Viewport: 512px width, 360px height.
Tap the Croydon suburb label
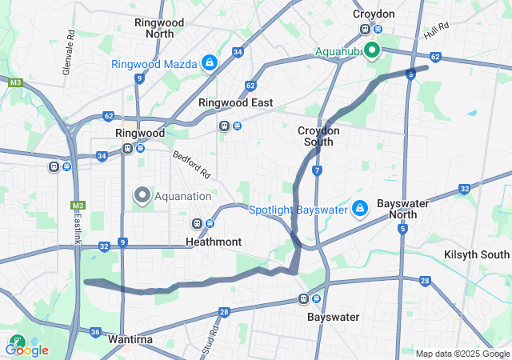point(374,14)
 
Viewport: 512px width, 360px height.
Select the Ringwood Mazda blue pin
point(209,62)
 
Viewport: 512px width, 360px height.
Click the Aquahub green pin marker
point(372,50)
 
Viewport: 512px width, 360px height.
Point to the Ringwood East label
point(235,102)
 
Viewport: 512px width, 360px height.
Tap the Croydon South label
point(319,136)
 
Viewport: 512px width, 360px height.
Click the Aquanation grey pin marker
point(143,195)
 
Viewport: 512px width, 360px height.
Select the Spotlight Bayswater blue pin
point(360,210)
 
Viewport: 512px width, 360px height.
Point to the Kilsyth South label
point(477,254)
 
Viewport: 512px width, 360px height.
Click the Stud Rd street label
point(214,338)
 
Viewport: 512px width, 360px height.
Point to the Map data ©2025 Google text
point(462,354)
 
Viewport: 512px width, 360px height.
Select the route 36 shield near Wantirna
point(95,332)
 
